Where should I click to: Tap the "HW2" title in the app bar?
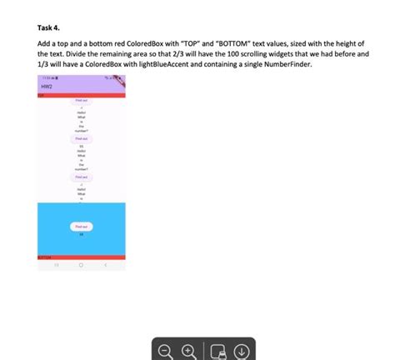tap(47, 87)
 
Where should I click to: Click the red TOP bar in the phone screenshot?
tap(82, 96)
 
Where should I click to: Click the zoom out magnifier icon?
tap(165, 350)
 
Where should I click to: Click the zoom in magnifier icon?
tap(189, 350)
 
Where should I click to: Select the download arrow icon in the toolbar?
tap(241, 350)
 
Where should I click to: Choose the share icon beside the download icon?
tap(217, 350)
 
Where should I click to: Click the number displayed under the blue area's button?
tap(82, 234)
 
